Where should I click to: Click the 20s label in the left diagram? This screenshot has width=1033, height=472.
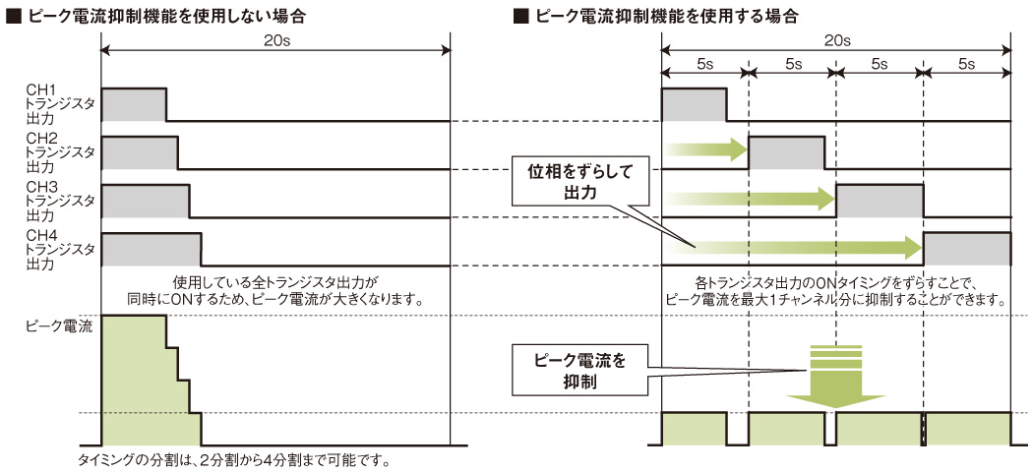[x=276, y=41]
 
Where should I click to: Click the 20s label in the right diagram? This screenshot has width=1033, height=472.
[x=836, y=41]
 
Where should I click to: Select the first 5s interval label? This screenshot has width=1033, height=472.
[x=704, y=64]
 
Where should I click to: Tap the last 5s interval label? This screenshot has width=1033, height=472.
[x=966, y=64]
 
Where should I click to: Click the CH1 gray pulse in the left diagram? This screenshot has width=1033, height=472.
[x=134, y=104]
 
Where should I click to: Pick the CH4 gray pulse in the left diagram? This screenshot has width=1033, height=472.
[x=152, y=249]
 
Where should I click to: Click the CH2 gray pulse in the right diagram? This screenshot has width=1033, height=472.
[x=786, y=152]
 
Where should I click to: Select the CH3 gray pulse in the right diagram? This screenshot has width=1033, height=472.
[x=879, y=201]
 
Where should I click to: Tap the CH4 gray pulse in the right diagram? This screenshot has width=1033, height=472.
[x=967, y=249]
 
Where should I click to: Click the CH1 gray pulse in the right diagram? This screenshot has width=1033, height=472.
[x=694, y=104]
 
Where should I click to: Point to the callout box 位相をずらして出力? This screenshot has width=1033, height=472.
[x=580, y=182]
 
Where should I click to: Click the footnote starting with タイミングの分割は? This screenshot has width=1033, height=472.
[x=233, y=460]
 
